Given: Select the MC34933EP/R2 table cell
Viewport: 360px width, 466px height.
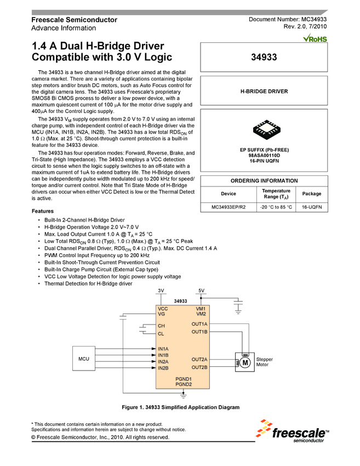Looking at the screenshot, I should tap(228, 207).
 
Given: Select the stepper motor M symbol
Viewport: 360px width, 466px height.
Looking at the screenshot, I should tap(245, 362).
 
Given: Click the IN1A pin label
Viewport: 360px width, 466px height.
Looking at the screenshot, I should tap(163, 349).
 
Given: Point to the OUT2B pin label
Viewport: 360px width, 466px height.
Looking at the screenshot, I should tap(199, 367).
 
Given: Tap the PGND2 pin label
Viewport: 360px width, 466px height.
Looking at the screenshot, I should tap(183, 384).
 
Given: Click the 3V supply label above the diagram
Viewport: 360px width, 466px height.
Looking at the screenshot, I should tap(161, 290).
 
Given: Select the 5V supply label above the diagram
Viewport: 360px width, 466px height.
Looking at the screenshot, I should tap(201, 290).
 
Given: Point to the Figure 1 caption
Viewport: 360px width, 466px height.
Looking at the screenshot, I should tap(180, 407).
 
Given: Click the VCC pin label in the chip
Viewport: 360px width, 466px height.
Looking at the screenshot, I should tap(163, 309).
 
